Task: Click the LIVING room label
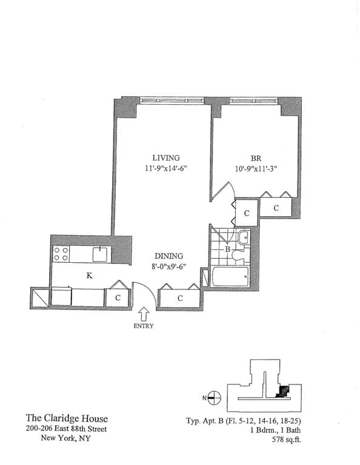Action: tap(165, 158)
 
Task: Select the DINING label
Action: tap(168, 256)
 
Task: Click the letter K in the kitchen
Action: tap(89, 275)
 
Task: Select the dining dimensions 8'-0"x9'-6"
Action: tap(168, 267)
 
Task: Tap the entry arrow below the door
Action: tap(144, 315)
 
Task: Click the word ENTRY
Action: tap(144, 326)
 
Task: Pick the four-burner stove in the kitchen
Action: tap(61, 254)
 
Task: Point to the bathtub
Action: tap(230, 278)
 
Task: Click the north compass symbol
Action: tap(214, 398)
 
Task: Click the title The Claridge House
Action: tap(67, 418)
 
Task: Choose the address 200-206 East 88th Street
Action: tap(67, 429)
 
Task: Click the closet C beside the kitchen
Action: tap(118, 298)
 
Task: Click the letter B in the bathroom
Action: tap(227, 248)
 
